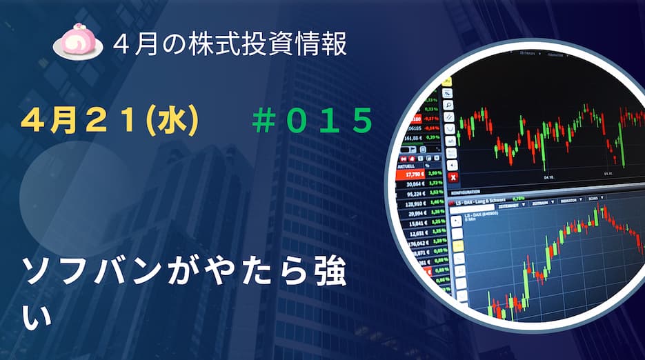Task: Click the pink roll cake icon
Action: click(x=77, y=43)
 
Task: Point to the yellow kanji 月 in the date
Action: click(x=63, y=121)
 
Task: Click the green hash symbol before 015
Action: click(x=263, y=121)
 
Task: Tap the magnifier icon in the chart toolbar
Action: click(x=448, y=104)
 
